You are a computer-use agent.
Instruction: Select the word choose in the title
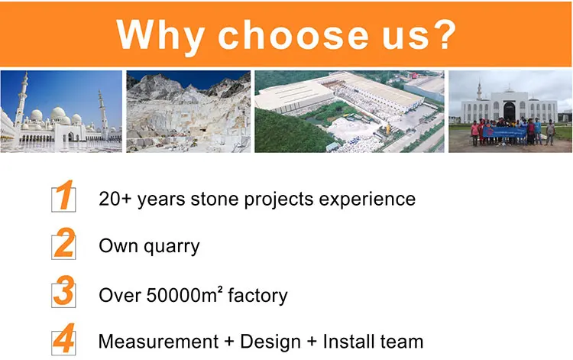(x=293, y=34)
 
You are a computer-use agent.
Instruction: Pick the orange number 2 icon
(x=63, y=243)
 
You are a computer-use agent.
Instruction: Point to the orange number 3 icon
(x=63, y=291)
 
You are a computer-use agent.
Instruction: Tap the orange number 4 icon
(x=63, y=339)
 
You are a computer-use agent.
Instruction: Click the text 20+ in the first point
(x=115, y=199)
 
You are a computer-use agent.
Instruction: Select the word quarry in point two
(x=171, y=248)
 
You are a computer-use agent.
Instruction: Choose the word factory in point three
(x=257, y=296)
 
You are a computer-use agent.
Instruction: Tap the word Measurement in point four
(x=159, y=342)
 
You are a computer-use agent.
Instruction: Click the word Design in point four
(x=270, y=342)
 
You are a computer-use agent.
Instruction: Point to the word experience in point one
(x=367, y=200)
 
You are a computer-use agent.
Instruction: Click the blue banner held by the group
(x=504, y=131)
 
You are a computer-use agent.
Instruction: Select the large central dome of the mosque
(x=58, y=113)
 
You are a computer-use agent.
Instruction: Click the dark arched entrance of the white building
(x=509, y=112)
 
